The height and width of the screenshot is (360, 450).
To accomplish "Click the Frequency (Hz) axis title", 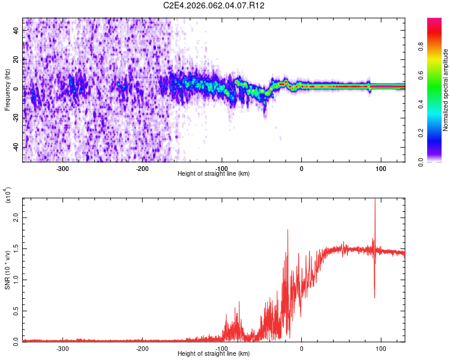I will point(7,89).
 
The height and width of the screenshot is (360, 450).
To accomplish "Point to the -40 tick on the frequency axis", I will point(16,147).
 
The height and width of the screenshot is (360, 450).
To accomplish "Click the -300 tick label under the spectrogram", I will point(63,168).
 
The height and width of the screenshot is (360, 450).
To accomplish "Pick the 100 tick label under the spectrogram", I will point(380,168).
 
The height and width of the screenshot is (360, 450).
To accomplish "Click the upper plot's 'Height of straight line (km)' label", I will point(214,174).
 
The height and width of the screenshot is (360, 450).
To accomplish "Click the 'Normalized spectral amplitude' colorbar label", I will point(445,89).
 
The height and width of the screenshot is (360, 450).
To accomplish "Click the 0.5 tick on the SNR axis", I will point(16,310).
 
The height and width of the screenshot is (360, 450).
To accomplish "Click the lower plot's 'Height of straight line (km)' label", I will point(214,354).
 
